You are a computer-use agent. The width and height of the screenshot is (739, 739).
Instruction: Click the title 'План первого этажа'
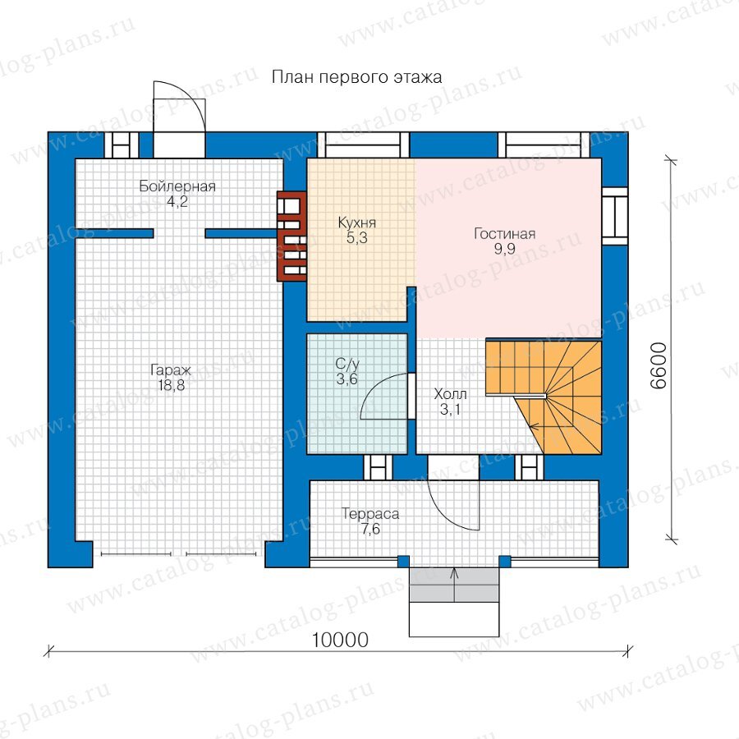pos(357,77)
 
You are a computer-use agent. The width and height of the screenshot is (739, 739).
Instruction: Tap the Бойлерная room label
pos(177,186)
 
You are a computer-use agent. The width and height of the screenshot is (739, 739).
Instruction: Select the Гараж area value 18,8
pos(172,386)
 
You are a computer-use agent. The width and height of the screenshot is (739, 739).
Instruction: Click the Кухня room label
pos(357,223)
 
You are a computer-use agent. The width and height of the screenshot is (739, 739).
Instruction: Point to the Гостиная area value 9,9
pos(504,249)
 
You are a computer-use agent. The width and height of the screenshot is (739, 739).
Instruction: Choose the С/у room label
pos(347,364)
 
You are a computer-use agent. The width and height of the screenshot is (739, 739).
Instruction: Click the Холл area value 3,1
pos(450,410)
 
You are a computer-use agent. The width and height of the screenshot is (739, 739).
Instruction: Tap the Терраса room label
pos(370,514)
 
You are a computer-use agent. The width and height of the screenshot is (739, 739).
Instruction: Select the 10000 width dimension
pos(340,640)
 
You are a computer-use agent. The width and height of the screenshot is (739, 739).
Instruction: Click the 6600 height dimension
pos(659,365)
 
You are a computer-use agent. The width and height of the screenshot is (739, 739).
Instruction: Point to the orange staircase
pos(544,397)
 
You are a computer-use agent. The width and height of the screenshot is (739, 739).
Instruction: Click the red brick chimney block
pos(291,236)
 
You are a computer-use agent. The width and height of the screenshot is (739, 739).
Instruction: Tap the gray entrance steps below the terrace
pos(454,585)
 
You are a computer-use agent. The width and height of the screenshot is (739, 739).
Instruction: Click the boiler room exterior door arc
pos(194,97)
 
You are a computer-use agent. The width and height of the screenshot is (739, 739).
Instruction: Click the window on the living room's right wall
pos(615,216)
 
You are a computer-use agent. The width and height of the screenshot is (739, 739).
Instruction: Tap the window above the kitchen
pos(363,145)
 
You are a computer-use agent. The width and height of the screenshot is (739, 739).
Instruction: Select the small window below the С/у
pos(378,467)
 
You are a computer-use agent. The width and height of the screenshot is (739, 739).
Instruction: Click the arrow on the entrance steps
pos(454,585)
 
